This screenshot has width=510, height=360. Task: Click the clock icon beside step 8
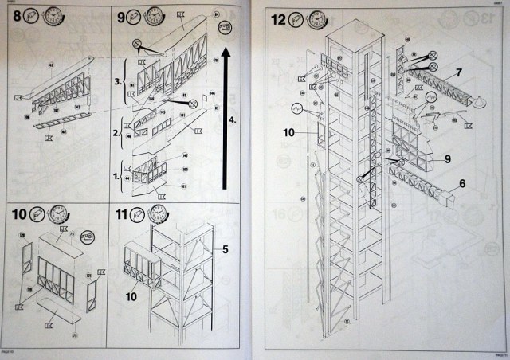pos(53,15)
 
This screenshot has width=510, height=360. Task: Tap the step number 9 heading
pos(121,16)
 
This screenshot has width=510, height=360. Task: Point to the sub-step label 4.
pos(232,119)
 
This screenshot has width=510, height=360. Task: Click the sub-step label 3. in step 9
pos(116,81)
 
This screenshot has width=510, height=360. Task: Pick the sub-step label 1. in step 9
pos(116,173)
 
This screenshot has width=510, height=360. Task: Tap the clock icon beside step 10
pos(57,214)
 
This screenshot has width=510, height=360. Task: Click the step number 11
pos(121,215)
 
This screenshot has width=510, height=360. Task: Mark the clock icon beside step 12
pos(316,18)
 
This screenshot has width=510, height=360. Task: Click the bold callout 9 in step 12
pos(448,159)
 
